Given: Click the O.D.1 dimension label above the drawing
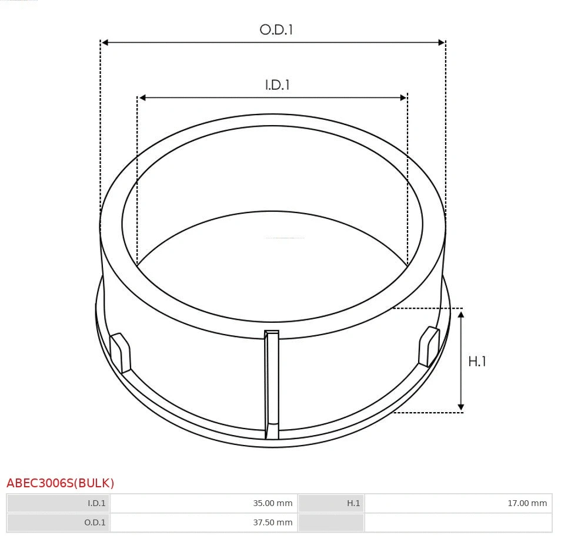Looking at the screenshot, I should tap(276, 29).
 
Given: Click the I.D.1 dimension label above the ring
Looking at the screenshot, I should tap(277, 85).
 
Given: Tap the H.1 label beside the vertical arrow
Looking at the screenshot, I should tap(477, 362).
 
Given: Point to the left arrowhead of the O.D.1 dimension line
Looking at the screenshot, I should tap(105, 42).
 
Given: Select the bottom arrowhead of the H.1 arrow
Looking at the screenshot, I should tap(461, 407).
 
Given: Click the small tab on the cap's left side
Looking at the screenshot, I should tap(121, 352).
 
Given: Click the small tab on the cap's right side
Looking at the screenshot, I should tap(429, 346).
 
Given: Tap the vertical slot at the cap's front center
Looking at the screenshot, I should tap(272, 385).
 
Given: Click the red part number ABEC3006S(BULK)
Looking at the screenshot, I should tap(61, 483).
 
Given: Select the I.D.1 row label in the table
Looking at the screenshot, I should tap(58, 503).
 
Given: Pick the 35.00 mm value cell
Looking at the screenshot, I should tap(203, 503).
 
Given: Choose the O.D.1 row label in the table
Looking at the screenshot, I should tap(58, 522).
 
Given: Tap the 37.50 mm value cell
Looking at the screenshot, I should tap(203, 522).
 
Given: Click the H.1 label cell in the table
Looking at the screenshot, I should tap(331, 503).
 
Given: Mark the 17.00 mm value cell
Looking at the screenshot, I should tap(458, 503).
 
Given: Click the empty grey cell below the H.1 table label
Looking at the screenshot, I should tap(331, 522).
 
